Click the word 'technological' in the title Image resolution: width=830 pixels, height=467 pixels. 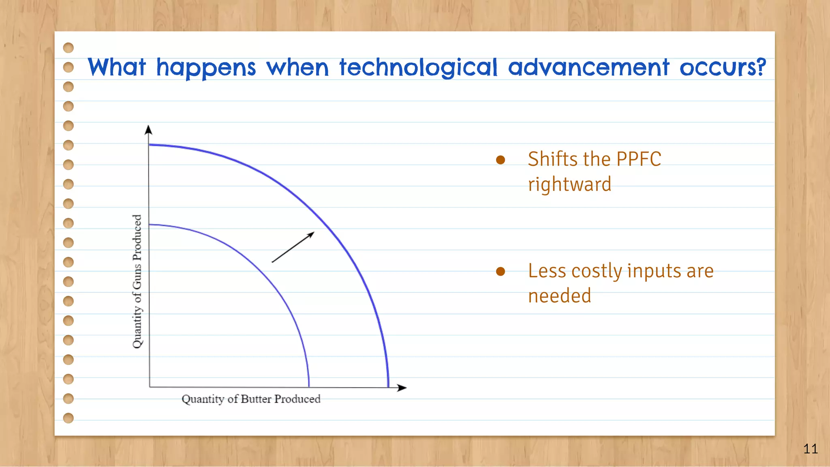[418, 67]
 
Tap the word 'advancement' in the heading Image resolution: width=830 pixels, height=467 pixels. [588, 67]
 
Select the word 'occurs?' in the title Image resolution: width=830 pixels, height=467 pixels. [723, 67]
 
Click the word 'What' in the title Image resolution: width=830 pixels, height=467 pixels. [117, 67]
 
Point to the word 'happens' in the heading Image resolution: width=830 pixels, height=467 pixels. [206, 68]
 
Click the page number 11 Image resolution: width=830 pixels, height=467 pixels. [810, 449]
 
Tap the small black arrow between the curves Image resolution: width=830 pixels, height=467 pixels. [293, 247]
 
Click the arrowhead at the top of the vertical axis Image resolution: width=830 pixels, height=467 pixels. [148, 130]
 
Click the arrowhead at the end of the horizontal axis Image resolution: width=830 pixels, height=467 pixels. [402, 388]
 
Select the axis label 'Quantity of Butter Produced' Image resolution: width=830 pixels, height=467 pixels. [251, 399]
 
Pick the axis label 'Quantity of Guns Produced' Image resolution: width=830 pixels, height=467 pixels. [137, 281]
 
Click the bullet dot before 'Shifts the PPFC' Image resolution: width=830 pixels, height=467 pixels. [501, 160]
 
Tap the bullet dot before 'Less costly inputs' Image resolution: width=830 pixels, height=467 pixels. [501, 271]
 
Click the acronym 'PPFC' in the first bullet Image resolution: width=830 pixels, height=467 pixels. [638, 159]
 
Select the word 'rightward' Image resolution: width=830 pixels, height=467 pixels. [569, 184]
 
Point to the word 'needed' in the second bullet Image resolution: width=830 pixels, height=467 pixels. [559, 296]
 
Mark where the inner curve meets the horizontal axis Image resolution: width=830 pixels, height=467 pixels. [309, 387]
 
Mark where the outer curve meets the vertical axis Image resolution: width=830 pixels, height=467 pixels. [149, 144]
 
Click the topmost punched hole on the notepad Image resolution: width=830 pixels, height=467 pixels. [68, 48]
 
